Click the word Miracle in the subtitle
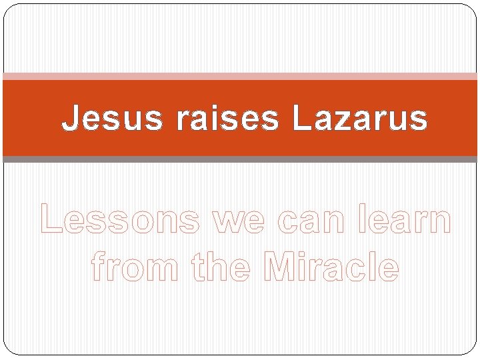tap(332, 267)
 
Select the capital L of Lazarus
tap(297, 119)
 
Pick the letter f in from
tap(97, 267)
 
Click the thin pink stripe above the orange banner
tap(240, 77)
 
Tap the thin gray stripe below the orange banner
tap(240, 159)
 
